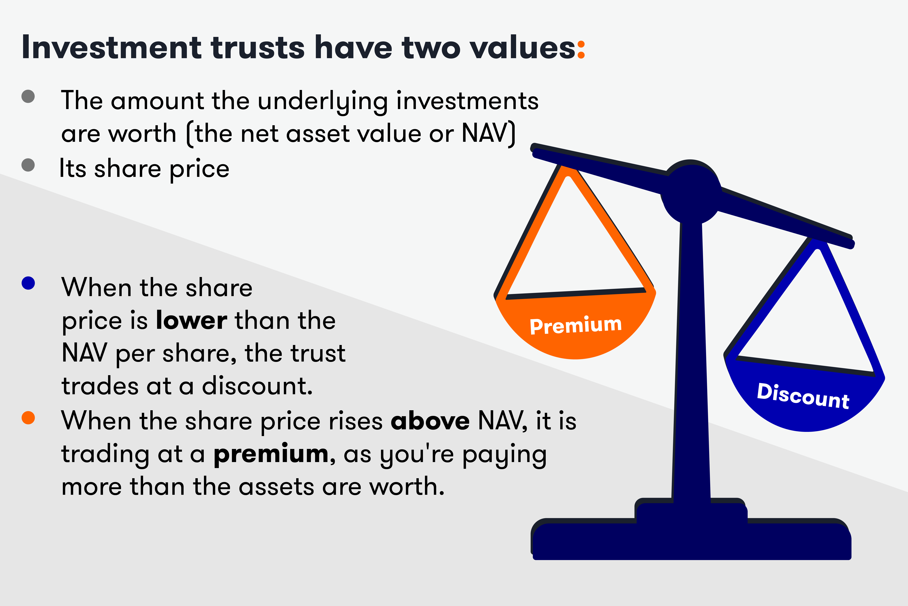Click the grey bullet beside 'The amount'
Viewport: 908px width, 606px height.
pos(28,96)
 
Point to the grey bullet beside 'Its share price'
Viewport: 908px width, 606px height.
pos(28,165)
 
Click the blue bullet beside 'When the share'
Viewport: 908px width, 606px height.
pos(28,283)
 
